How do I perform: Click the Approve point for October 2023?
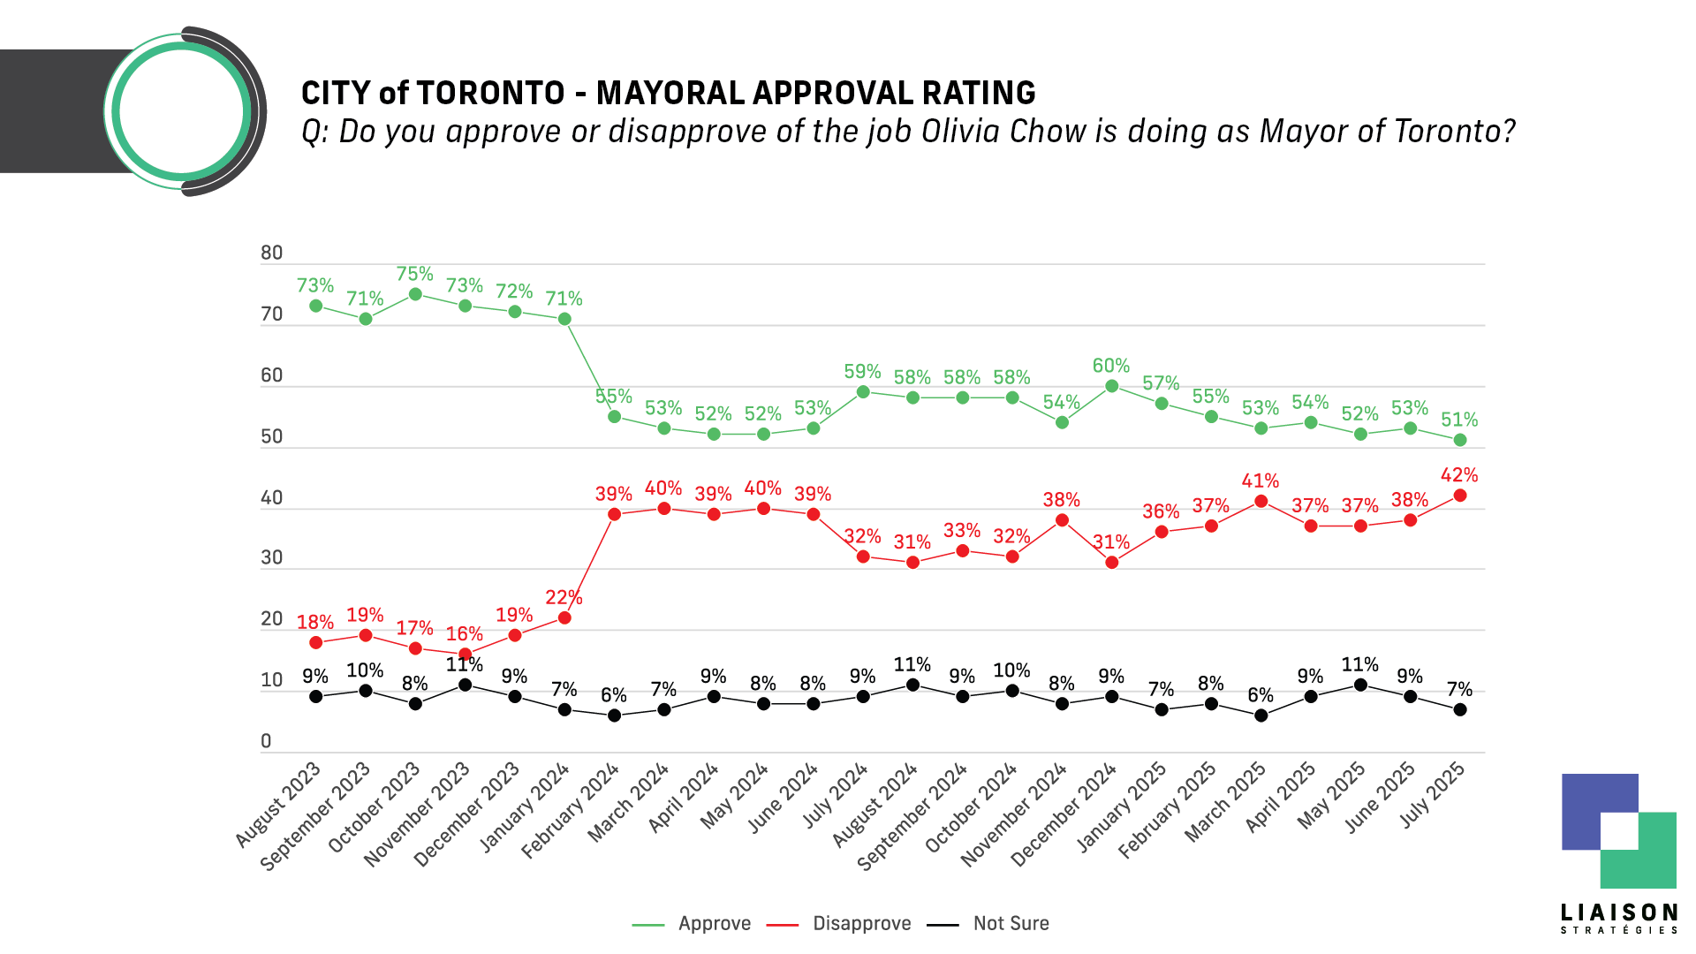[415, 294]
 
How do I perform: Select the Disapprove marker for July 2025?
[1460, 496]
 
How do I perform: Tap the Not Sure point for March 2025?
[1261, 715]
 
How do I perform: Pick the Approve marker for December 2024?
[1112, 386]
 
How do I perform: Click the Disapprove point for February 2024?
[614, 514]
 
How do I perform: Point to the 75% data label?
[415, 274]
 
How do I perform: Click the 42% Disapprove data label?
[1459, 475]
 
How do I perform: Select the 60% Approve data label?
[1111, 366]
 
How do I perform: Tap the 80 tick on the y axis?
[271, 254]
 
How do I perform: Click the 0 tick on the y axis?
[266, 742]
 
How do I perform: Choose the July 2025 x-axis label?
[1433, 797]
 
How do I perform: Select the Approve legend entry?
[714, 923]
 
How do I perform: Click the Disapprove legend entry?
[861, 923]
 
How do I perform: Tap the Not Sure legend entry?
[1011, 923]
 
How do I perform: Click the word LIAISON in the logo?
[1619, 912]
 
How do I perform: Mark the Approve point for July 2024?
[863, 391]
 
